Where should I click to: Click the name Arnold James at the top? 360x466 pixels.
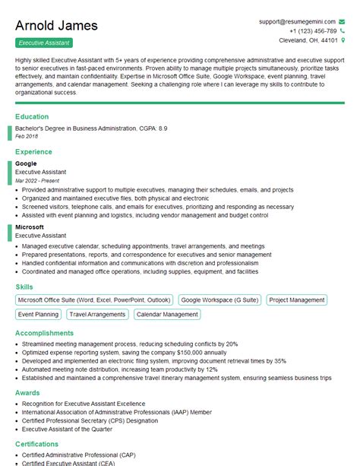click(56, 25)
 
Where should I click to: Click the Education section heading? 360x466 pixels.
click(32, 117)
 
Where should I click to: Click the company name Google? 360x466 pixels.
click(26, 163)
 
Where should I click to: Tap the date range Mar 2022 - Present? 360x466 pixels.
click(37, 181)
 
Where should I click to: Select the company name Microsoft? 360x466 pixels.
click(30, 227)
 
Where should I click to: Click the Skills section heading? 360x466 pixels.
click(24, 287)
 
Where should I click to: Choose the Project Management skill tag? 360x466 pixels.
click(296, 300)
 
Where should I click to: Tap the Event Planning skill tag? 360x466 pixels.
click(38, 314)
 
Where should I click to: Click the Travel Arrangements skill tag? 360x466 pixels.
click(98, 314)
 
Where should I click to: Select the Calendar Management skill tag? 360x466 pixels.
click(167, 314)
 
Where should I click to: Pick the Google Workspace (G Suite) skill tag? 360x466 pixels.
click(220, 300)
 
